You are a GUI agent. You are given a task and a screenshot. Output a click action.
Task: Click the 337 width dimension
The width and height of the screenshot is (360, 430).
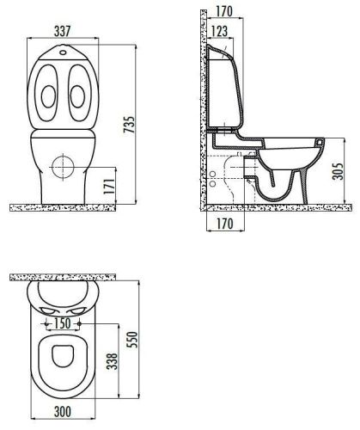[63, 31]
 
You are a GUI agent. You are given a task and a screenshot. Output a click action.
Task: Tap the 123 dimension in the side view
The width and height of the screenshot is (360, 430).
[218, 32]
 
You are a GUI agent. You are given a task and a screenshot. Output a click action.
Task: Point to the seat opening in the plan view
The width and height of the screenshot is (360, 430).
[62, 361]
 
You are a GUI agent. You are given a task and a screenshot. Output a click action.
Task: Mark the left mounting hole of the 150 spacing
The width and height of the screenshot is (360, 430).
[44, 323]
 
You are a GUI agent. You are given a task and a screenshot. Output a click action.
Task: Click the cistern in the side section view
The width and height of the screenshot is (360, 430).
[225, 86]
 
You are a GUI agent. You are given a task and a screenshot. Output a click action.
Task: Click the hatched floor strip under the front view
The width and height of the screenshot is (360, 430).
[64, 206]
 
